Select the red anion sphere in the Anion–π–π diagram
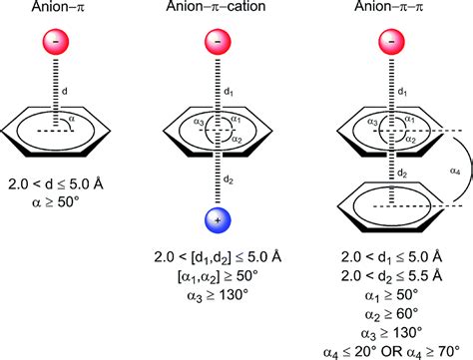pyautogui.click(x=388, y=45)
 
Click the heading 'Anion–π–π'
pyautogui.click(x=388, y=10)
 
